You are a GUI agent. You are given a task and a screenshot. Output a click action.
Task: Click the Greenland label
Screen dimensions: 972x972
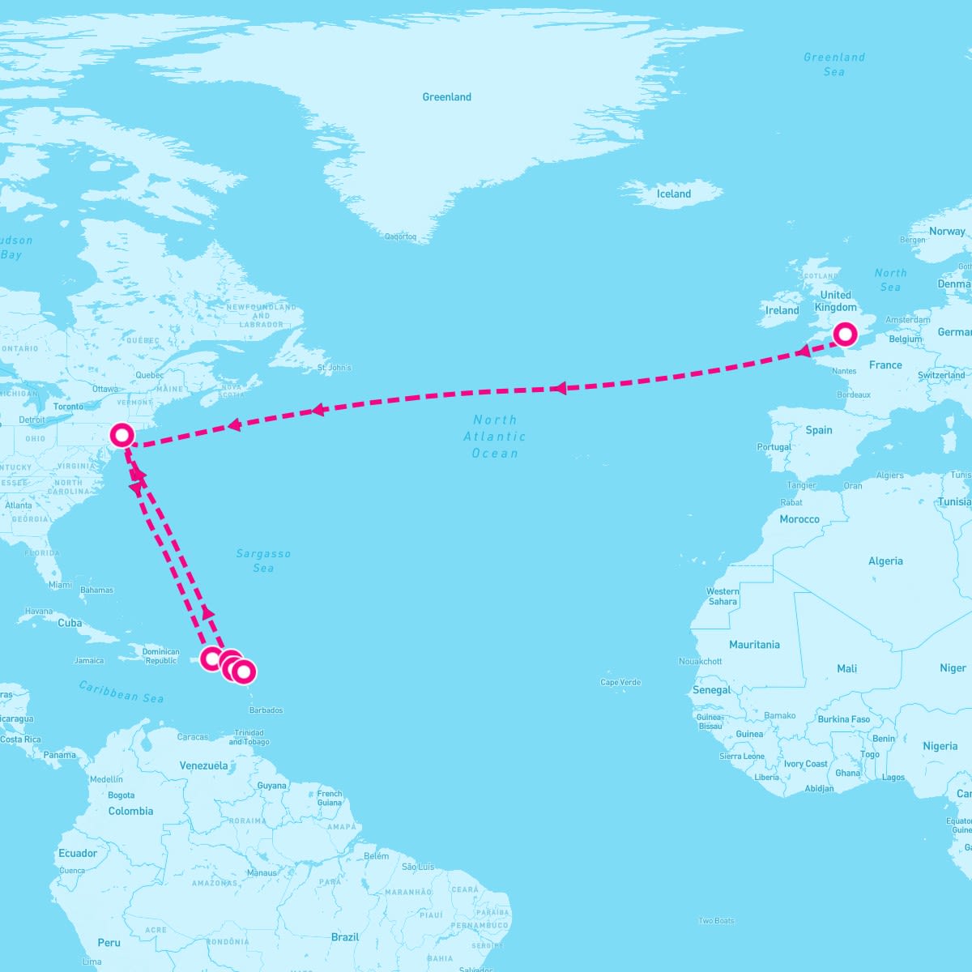click(x=446, y=97)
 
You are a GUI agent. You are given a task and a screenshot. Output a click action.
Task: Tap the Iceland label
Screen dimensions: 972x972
click(x=673, y=194)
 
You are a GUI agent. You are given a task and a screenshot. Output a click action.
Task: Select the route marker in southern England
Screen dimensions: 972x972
click(x=845, y=334)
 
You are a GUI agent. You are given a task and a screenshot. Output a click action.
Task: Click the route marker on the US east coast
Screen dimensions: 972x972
click(x=122, y=435)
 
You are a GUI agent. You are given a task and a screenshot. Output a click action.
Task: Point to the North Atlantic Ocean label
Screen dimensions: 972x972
click(x=495, y=437)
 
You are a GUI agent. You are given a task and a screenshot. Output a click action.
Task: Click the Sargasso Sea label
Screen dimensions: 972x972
click(x=263, y=561)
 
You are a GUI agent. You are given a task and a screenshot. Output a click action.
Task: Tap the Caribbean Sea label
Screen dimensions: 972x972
click(x=122, y=691)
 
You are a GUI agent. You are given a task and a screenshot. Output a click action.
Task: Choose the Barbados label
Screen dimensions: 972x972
click(x=266, y=710)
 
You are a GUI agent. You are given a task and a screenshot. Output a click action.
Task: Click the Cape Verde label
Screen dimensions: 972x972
click(x=620, y=683)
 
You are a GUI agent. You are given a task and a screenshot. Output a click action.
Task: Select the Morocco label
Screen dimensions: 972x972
click(x=799, y=519)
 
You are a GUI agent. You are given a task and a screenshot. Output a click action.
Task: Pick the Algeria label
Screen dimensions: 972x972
click(x=885, y=561)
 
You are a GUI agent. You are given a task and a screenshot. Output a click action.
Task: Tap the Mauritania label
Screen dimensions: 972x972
click(x=754, y=645)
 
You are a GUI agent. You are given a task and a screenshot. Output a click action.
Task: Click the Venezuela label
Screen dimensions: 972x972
click(x=203, y=765)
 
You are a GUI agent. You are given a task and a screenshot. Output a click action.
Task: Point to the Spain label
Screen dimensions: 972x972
click(x=819, y=430)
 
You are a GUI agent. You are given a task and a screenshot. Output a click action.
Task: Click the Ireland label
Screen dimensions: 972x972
click(x=782, y=310)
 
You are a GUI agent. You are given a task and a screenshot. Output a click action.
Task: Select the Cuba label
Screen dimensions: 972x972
click(x=70, y=624)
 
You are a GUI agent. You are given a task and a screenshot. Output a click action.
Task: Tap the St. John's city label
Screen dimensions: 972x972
click(x=335, y=368)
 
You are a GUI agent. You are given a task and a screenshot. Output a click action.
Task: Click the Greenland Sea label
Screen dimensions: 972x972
click(x=834, y=64)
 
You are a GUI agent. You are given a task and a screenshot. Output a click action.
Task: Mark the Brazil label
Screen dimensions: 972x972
click(x=345, y=937)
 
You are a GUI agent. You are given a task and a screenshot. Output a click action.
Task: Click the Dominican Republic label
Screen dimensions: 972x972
click(x=160, y=656)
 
